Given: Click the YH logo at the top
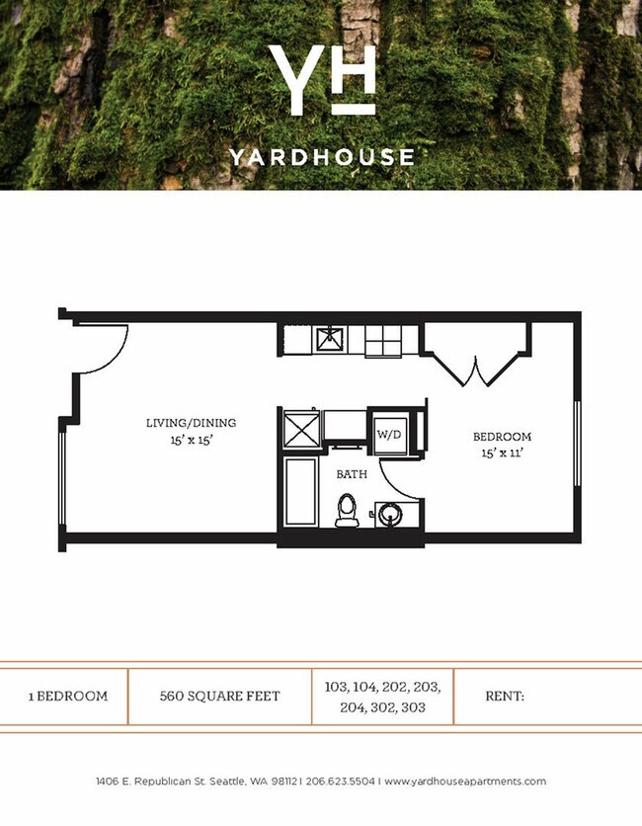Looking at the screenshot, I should (321, 79).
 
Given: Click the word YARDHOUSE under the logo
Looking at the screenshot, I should (321, 156).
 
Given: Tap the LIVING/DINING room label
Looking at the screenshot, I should (192, 423).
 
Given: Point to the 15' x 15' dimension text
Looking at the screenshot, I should (192, 441).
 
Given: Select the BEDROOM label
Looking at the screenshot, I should (502, 436).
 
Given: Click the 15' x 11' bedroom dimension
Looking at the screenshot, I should (502, 454).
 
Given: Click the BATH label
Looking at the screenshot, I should (352, 474).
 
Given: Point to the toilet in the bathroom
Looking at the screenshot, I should (346, 510).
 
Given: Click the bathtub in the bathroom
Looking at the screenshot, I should (298, 491).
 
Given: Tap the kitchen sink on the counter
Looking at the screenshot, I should (329, 340).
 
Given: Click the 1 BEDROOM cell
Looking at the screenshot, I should (67, 696).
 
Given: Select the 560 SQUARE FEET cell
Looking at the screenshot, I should (219, 696).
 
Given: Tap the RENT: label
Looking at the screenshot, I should (504, 696).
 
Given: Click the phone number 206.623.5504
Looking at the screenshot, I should (342, 782).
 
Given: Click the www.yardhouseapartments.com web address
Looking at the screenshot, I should (465, 782).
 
